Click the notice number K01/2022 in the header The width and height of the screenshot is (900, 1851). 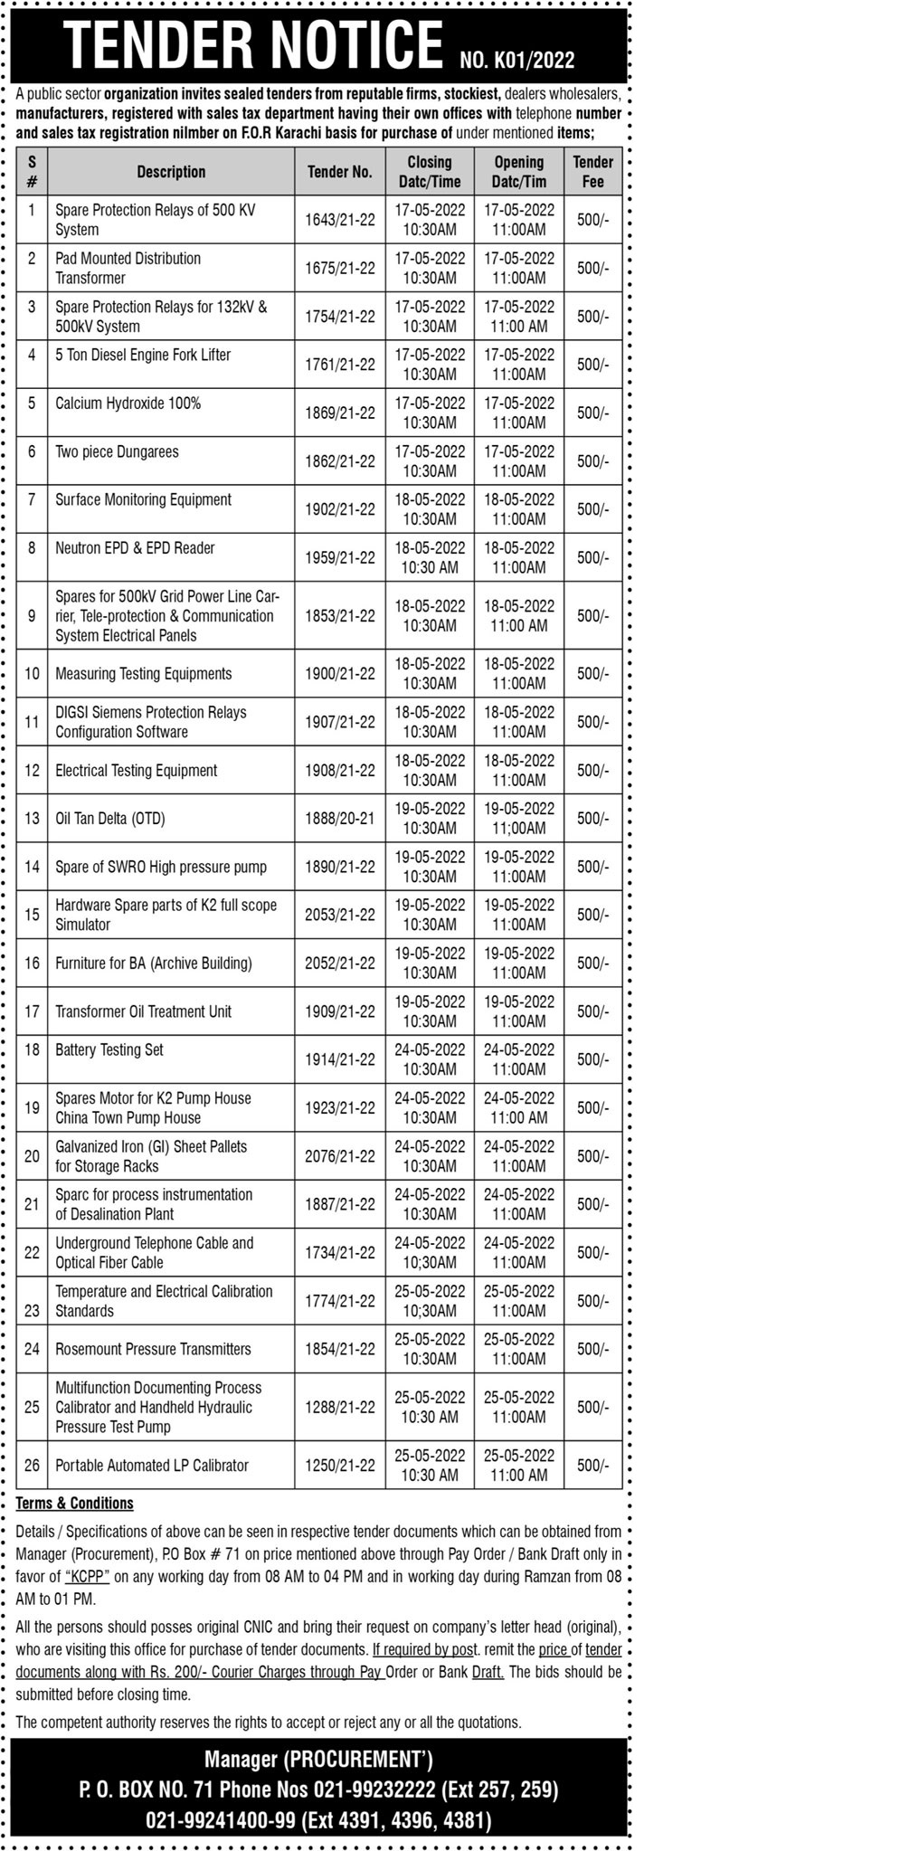[516, 61]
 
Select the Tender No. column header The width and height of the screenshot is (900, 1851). [340, 172]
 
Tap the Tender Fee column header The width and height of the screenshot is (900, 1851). [592, 172]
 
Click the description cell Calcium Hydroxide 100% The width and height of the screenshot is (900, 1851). [128, 403]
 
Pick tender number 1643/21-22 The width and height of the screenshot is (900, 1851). [340, 220]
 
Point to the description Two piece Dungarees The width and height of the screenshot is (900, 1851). [118, 451]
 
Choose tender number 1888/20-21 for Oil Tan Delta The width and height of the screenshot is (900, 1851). [340, 819]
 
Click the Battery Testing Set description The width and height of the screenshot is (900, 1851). [109, 1049]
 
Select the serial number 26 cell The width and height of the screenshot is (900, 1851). [33, 1465]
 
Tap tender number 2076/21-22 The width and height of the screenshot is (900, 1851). [340, 1156]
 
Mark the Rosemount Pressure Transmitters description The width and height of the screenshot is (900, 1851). [154, 1349]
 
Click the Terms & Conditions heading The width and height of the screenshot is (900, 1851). [75, 1503]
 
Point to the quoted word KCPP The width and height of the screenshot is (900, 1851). [88, 1576]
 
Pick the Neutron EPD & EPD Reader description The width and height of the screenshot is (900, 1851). [136, 548]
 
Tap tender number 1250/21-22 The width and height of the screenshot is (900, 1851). [340, 1465]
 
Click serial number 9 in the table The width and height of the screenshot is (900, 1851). [33, 615]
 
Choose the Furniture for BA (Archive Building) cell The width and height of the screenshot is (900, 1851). [154, 963]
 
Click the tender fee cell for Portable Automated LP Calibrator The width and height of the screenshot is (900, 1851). [592, 1465]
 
